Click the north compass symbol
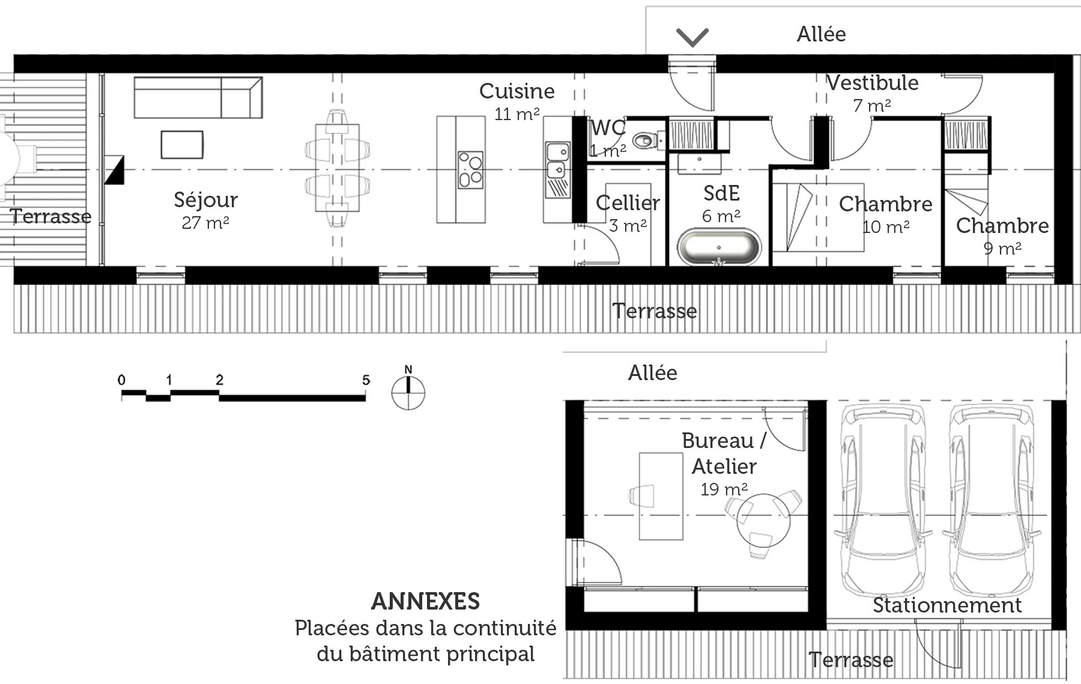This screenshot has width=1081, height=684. pos(408,392)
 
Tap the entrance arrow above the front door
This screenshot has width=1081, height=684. pos(692,37)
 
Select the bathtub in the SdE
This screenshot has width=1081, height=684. pos(719,247)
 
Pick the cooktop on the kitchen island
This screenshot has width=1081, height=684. pos(470,170)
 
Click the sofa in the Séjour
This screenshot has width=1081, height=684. pos(198,97)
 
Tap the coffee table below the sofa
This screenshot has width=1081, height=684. pos(182,145)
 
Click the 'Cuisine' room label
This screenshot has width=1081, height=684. pos(516,91)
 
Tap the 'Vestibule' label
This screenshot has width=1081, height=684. pos(873,83)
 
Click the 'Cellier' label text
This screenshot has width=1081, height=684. pos(628,203)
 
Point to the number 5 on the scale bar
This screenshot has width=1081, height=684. pos(366,380)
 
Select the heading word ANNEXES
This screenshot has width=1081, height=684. pos(426,601)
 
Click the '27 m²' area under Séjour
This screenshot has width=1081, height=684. pos(205,223)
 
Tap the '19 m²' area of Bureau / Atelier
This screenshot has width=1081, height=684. pos(724,489)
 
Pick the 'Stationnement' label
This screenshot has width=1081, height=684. pos(947,605)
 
